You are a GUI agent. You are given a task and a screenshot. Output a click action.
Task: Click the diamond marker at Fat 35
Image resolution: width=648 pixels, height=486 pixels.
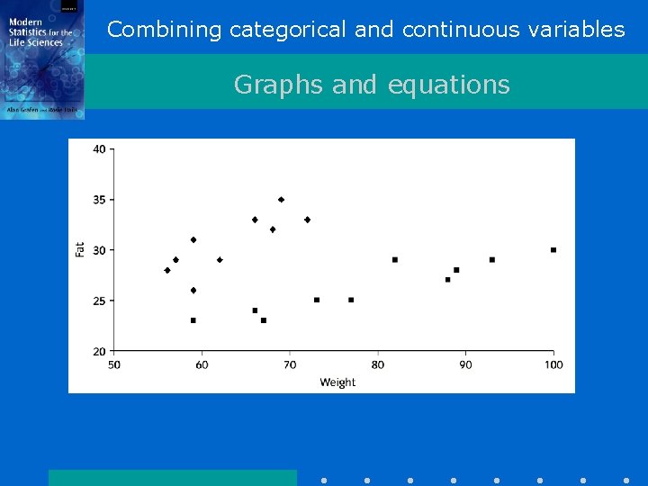(x=281, y=200)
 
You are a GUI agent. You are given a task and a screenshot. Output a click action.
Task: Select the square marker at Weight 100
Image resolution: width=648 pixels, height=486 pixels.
(x=553, y=250)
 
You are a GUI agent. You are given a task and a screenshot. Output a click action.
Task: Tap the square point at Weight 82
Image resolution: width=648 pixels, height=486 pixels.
(x=395, y=260)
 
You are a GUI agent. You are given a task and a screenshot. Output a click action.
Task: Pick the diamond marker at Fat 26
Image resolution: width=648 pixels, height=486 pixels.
(x=193, y=291)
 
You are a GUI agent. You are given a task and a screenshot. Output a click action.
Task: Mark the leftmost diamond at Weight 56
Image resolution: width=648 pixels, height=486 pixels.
(x=167, y=270)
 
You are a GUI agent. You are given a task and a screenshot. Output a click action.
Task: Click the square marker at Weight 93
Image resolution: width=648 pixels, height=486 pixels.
(x=492, y=260)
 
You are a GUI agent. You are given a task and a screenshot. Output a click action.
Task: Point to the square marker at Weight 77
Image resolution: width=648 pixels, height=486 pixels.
(x=351, y=300)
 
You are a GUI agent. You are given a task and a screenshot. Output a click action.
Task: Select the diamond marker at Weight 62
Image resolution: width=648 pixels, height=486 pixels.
(x=220, y=260)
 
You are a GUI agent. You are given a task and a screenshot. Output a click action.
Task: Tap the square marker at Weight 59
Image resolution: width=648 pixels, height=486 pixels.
(x=193, y=320)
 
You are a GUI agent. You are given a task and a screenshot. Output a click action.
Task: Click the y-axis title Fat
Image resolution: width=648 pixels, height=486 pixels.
(x=80, y=249)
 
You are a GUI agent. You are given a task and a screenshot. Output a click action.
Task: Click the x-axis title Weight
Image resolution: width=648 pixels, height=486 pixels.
(x=337, y=382)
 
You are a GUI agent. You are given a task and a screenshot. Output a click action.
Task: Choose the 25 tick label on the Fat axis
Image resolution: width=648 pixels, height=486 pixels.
(x=99, y=301)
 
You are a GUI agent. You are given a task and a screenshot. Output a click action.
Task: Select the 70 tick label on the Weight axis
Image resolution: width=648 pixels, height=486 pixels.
(x=290, y=364)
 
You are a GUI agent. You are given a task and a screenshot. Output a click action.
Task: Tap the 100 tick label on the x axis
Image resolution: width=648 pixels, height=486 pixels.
(x=553, y=364)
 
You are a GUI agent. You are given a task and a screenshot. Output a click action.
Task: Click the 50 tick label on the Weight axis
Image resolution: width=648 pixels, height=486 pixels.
(x=114, y=364)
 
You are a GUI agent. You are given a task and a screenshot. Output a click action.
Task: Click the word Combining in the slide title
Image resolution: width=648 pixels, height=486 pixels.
(x=164, y=30)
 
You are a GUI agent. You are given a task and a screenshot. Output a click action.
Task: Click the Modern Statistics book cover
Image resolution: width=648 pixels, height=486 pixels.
(x=42, y=59)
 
